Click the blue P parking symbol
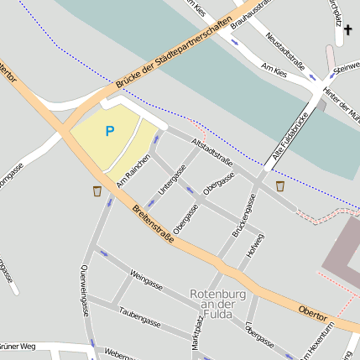coord(109,131)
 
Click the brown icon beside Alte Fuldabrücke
coord(279,185)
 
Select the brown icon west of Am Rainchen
coord(97,192)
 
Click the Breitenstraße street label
coord(152,224)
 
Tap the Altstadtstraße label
coord(211,149)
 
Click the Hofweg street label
coord(254,246)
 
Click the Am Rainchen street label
coord(133,170)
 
